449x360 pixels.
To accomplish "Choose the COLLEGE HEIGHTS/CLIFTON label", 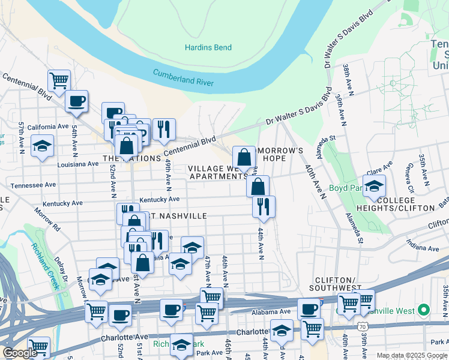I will [405, 204].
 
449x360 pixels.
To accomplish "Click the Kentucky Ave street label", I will [159, 199].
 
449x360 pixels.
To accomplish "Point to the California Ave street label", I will [47, 127].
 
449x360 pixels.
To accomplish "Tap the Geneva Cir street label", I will [409, 174].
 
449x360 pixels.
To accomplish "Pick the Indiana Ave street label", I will [422, 248].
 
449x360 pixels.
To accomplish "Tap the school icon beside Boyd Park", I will [374, 185].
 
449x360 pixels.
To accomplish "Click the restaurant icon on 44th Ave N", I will [264, 206].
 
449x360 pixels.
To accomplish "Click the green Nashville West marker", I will [424, 310].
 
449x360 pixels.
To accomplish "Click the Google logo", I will [20, 353].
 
